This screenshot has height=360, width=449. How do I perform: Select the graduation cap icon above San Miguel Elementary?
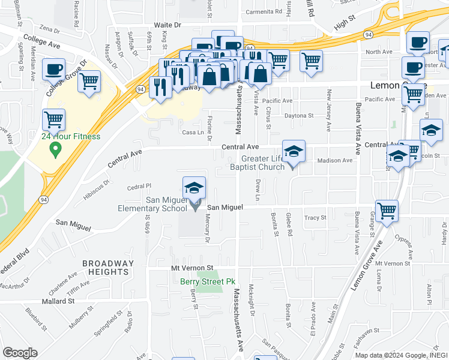tap(194, 188)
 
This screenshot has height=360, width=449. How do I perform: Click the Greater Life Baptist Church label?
tap(258, 163)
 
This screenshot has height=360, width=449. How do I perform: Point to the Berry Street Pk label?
tap(207, 281)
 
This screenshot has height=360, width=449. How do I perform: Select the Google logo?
tap(19, 353)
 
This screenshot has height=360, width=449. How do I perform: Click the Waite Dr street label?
tap(167, 25)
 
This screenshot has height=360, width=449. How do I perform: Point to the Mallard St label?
tap(58, 301)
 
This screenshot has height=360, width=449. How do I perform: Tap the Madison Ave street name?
tap(334, 160)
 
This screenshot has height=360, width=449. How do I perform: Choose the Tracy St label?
tap(315, 218)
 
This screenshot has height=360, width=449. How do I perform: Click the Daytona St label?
tap(299, 115)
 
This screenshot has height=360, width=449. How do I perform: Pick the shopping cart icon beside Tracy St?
tap(387, 211)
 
